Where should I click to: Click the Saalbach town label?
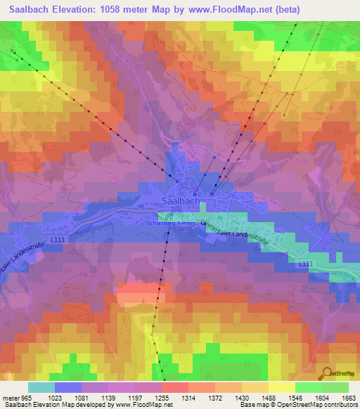pos(179,200)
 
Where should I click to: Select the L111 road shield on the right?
pos(304,264)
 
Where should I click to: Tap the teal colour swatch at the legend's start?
pos(41,387)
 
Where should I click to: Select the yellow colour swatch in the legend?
pos(281,387)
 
